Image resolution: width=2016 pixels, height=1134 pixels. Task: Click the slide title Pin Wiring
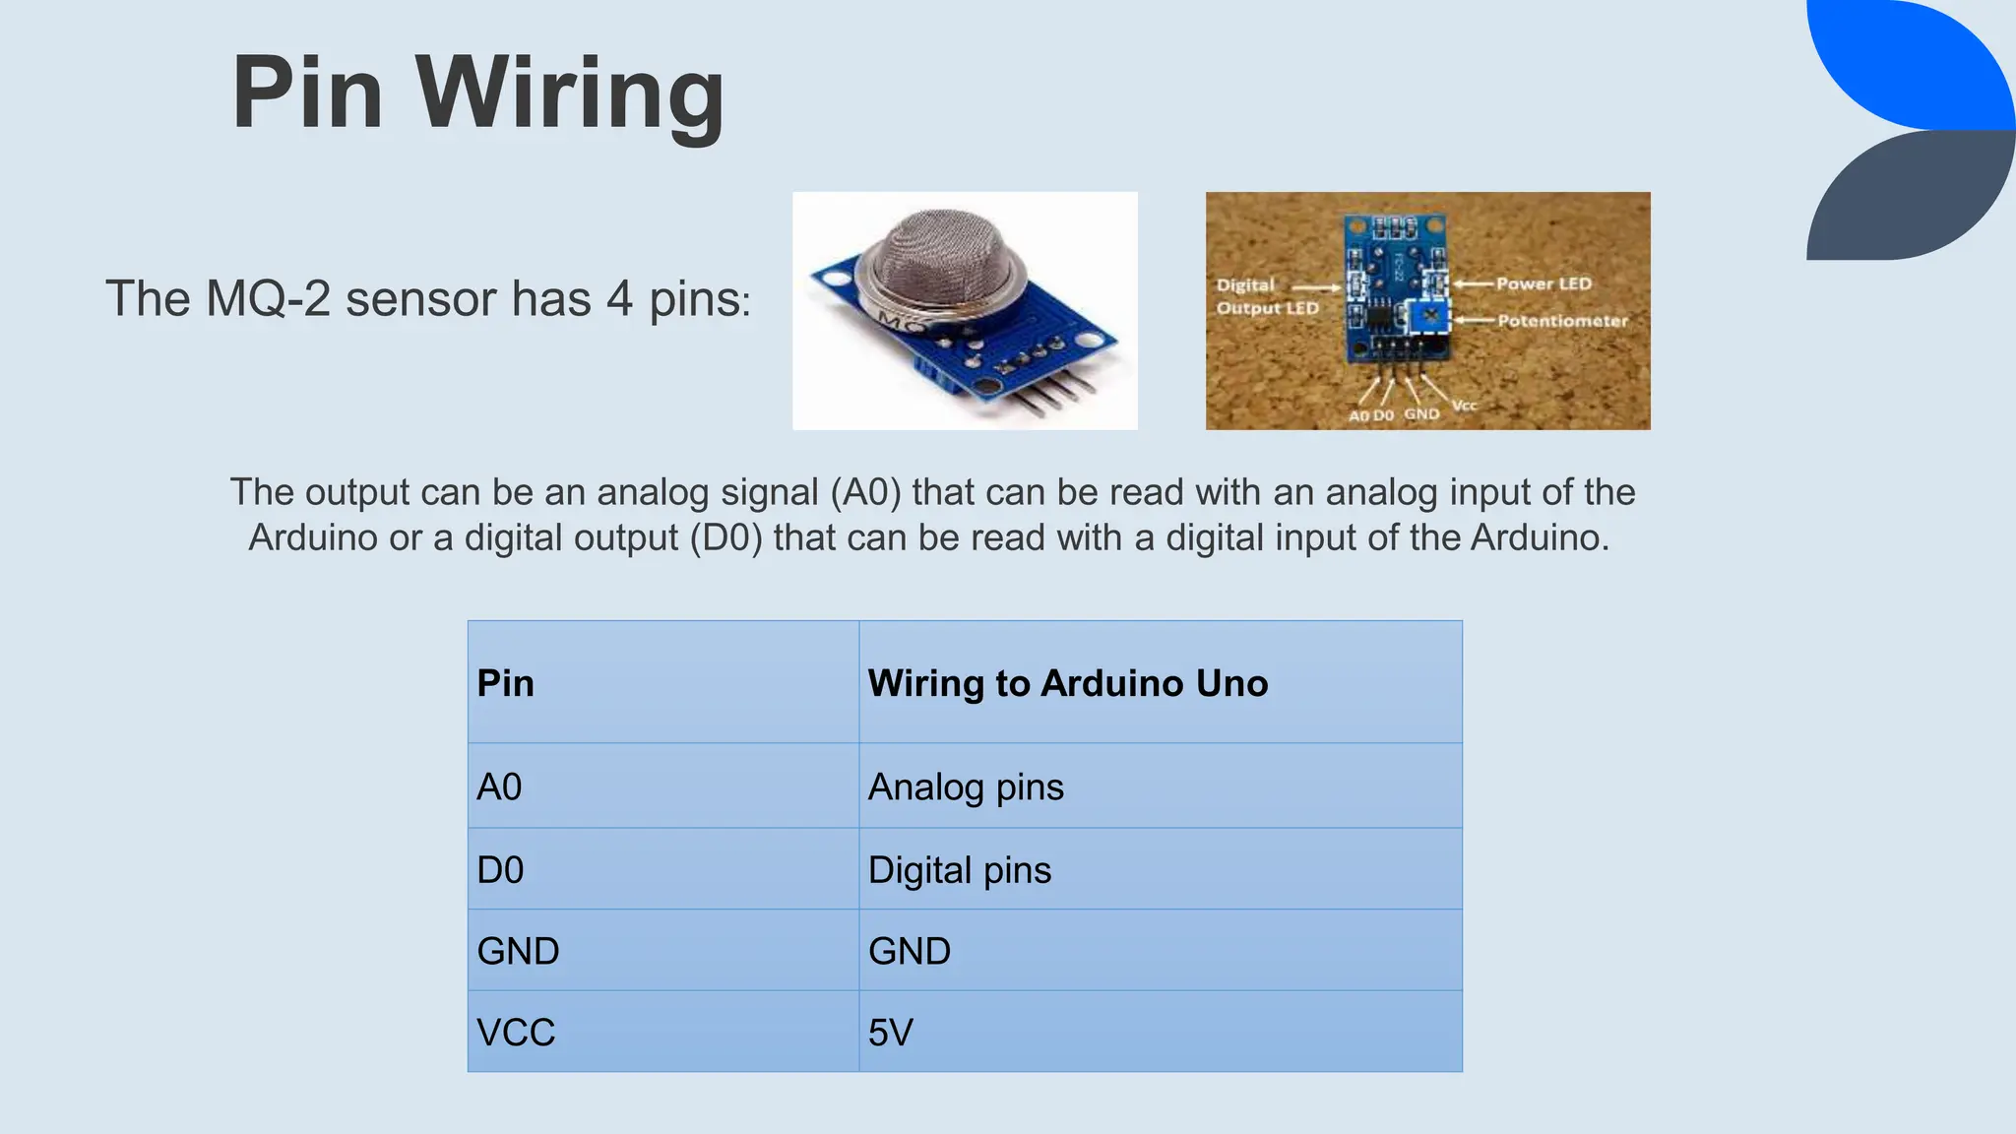click(478, 93)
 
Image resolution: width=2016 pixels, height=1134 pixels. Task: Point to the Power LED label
click(1543, 283)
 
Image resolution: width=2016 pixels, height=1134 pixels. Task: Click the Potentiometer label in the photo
click(1562, 321)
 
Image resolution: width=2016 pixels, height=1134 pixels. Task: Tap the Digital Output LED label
click(1266, 296)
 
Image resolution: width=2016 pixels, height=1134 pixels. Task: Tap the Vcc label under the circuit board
click(1464, 405)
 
